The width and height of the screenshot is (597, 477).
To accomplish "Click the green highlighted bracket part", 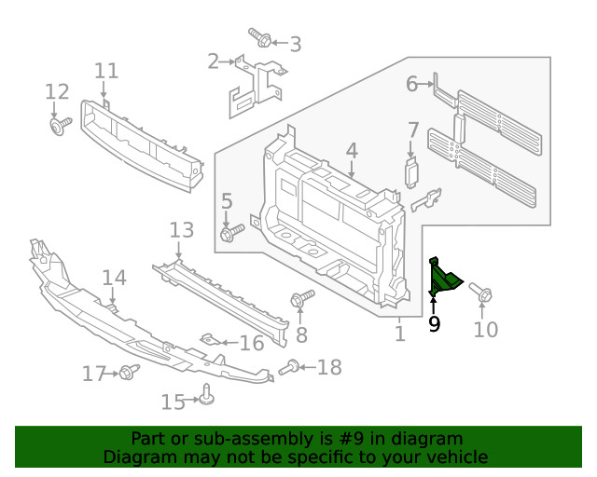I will point(442,278).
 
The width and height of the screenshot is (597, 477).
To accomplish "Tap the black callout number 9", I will point(434,324).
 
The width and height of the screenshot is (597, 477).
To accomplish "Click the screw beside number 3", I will point(262,39).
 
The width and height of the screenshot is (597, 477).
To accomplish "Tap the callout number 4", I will point(352,150).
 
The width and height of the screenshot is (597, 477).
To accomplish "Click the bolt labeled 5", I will point(230,231).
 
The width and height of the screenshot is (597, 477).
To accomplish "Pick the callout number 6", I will point(412,85).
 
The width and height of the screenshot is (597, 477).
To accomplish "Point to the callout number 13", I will point(180,229).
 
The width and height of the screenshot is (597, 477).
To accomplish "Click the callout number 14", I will point(114,277).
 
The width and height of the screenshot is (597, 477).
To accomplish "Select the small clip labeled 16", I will point(213,340).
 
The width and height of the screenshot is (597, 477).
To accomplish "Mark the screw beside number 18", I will point(291,367).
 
